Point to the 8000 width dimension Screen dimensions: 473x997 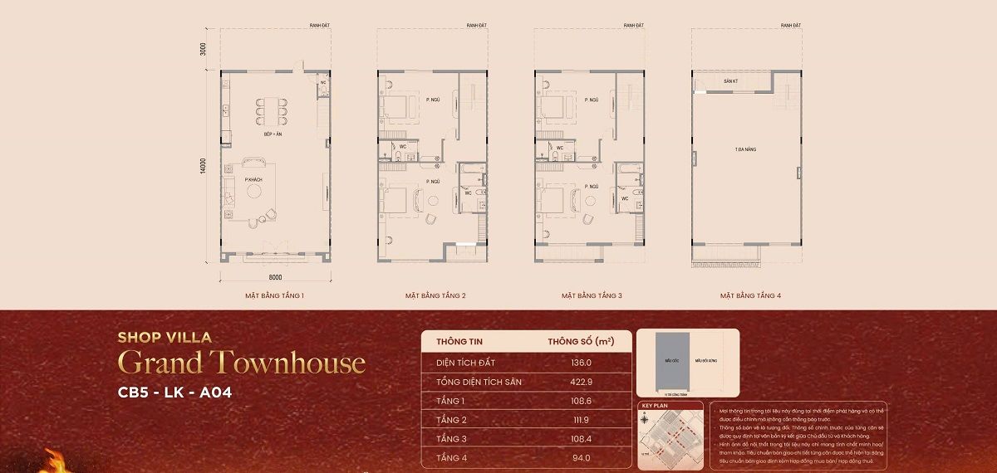pyautogui.click(x=276, y=276)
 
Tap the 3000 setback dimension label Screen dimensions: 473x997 pyautogui.click(x=203, y=50)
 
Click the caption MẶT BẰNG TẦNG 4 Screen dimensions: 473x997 pyautogui.click(x=750, y=295)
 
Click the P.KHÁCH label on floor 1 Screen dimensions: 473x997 pyautogui.click(x=254, y=179)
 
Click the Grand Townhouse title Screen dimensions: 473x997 pyautogui.click(x=242, y=363)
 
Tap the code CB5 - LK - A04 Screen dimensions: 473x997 pyautogui.click(x=174, y=393)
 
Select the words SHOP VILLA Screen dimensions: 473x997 pyautogui.click(x=165, y=337)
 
